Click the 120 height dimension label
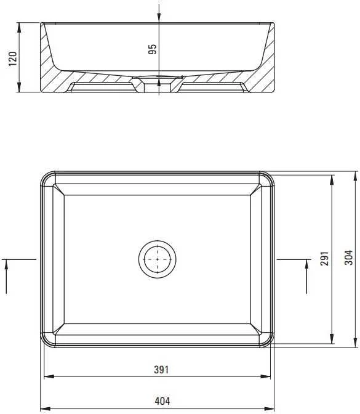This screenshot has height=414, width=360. coord(13,59)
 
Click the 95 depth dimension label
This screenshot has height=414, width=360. coord(152,49)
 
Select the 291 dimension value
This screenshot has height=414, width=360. coord(324,258)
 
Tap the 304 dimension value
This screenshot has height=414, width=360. coord(348,258)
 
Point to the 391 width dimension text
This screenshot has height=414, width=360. coord(161,370)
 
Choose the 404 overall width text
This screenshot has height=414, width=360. coord(162,401)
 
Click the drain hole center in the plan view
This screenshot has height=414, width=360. coord(157,259)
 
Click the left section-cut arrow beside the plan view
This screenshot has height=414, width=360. coord(6,277)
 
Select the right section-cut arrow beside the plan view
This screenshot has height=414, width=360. coord(306,277)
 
